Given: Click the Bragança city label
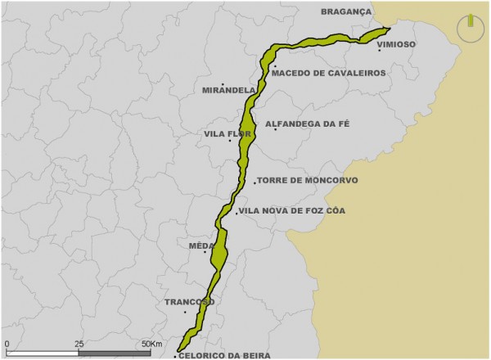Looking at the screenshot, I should pyautogui.click(x=345, y=12).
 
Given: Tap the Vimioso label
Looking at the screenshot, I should pyautogui.click(x=396, y=43).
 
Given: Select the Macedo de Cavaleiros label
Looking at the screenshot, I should pyautogui.click(x=328, y=73).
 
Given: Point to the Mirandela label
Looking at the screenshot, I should pyautogui.click(x=223, y=91).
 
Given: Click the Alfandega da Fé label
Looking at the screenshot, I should pyautogui.click(x=307, y=124).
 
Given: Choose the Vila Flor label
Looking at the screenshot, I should pyautogui.click(x=227, y=133).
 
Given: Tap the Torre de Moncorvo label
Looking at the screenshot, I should pyautogui.click(x=307, y=180).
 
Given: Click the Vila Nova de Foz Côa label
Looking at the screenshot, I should pyautogui.click(x=293, y=210).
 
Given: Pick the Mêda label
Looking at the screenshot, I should pyautogui.click(x=200, y=245).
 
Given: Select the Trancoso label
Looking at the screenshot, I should pyautogui.click(x=189, y=302).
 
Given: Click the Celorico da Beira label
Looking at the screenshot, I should pyautogui.click(x=221, y=353).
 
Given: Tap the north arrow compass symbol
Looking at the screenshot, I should pyautogui.click(x=471, y=27).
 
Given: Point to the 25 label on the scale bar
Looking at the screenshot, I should pyautogui.click(x=79, y=344).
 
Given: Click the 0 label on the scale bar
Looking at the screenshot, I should pyautogui.click(x=7, y=344).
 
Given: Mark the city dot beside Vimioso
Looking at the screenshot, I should pyautogui.click(x=379, y=51).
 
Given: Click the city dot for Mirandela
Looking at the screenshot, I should pyautogui.click(x=223, y=83).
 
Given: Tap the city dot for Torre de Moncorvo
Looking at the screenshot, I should pyautogui.click(x=255, y=182).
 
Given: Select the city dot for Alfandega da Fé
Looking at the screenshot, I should pyautogui.click(x=275, y=129).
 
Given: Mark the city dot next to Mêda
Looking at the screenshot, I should pyautogui.click(x=205, y=252).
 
